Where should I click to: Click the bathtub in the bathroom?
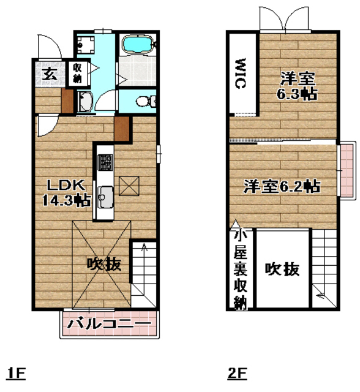[x=140, y=45]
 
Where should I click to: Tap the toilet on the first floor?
[x=145, y=100]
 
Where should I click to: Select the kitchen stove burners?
[x=105, y=163]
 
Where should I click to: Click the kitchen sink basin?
[x=105, y=197]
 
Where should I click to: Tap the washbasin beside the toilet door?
[x=85, y=102]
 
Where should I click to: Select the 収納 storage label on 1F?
[x=78, y=73]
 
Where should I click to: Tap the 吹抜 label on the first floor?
[x=103, y=265]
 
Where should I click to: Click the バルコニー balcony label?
[x=109, y=323]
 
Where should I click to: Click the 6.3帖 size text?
[x=297, y=94]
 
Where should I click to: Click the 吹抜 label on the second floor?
[x=282, y=268]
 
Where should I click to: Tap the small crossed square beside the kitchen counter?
[x=129, y=184]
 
